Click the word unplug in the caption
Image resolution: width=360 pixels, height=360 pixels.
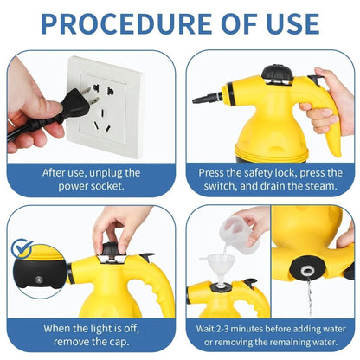tap(106, 173)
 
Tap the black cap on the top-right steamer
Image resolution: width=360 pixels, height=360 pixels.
tap(277, 73)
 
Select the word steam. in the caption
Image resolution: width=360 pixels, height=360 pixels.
tap(322, 186)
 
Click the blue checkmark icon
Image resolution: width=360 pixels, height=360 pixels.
tap(22, 249)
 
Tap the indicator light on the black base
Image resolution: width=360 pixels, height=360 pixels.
tap(38, 280)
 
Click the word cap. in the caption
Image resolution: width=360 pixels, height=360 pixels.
tap(118, 343)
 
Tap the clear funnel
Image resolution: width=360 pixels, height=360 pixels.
tap(217, 267)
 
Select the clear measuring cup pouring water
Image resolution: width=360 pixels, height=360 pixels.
tap(240, 233)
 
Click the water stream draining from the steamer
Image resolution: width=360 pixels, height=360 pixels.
tap(309, 297)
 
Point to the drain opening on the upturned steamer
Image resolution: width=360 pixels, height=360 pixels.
tap(306, 271)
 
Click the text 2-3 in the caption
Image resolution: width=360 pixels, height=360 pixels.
tap(218, 329)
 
